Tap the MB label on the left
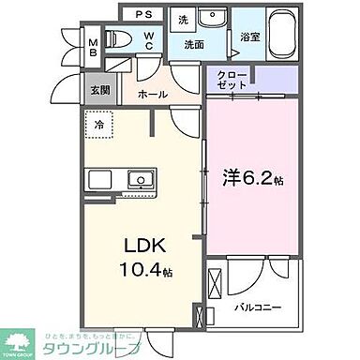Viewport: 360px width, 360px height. click(92, 48)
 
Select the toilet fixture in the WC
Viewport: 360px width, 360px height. click(119, 39)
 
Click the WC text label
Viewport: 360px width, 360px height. click(148, 42)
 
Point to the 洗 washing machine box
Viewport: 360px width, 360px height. click(184, 18)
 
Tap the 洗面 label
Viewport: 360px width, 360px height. click(194, 43)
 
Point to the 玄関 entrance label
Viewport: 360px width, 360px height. click(99, 89)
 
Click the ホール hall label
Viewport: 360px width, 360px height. click(153, 95)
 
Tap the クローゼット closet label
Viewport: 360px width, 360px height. click(232, 79)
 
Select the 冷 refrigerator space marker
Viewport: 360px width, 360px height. click(99, 123)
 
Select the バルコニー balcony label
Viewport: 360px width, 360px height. click(255, 305)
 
